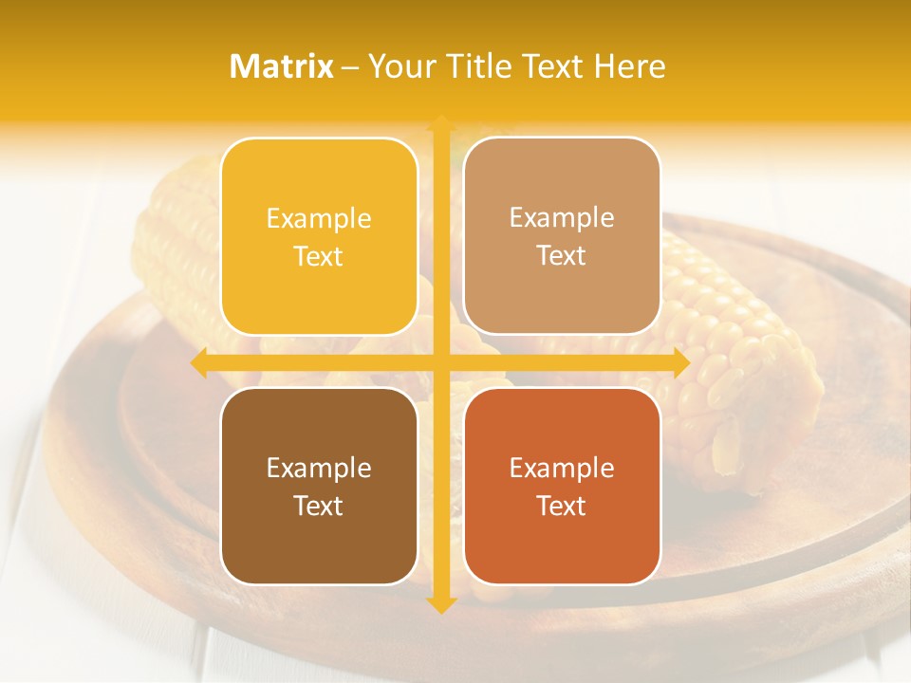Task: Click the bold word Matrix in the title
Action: click(x=282, y=66)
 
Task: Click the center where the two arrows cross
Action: click(x=440, y=363)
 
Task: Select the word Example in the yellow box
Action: click(x=319, y=219)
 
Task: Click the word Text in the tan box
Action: click(x=562, y=256)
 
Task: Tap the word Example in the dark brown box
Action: click(x=319, y=468)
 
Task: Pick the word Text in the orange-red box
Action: click(x=562, y=506)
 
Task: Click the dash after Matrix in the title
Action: click(x=350, y=67)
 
